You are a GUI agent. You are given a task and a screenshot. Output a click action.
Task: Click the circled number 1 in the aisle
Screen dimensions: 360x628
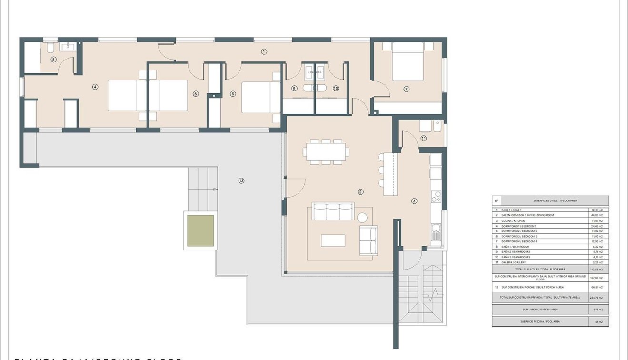(x=264, y=51)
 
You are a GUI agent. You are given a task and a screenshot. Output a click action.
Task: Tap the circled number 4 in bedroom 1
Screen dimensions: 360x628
(x=95, y=87)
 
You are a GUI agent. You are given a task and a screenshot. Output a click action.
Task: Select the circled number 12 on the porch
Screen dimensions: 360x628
(x=241, y=180)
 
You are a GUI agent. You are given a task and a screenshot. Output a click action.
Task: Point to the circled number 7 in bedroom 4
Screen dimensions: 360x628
(x=406, y=89)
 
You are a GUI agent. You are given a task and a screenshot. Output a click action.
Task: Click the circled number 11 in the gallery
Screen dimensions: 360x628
(x=423, y=138)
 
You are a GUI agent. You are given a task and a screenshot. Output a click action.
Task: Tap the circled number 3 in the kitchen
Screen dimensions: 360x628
(x=414, y=201)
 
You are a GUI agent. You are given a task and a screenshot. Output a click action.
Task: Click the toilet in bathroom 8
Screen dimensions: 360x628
(x=50, y=48)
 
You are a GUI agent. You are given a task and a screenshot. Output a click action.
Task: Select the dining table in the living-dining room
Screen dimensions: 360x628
(x=326, y=152)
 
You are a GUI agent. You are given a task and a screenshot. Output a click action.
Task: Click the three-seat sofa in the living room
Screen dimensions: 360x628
(x=333, y=211)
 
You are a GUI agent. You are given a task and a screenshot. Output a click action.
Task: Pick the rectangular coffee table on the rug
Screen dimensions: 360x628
(x=333, y=240)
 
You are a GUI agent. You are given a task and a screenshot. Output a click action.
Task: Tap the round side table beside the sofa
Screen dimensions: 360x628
(x=362, y=218)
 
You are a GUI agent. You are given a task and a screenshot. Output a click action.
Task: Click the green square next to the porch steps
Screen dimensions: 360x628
(x=200, y=231)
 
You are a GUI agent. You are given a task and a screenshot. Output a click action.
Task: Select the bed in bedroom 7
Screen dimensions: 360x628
(x=408, y=62)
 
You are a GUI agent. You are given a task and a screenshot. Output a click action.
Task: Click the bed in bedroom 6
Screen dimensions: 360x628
(x=260, y=97)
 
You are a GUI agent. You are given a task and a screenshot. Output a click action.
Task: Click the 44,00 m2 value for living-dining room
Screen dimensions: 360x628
(x=597, y=215)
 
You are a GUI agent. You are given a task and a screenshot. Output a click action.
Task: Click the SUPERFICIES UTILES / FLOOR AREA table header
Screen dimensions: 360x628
(x=555, y=201)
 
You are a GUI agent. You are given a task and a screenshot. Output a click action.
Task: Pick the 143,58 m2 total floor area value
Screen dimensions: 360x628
(x=597, y=270)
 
